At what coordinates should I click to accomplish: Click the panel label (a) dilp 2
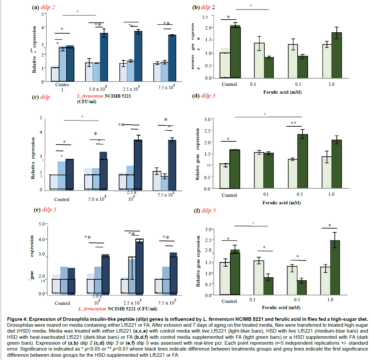click(x=43, y=7)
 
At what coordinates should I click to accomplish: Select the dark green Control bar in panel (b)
click(x=235, y=52)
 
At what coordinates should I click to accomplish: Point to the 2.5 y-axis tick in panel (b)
click(x=205, y=17)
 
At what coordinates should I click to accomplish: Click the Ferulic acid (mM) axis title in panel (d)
click(x=282, y=203)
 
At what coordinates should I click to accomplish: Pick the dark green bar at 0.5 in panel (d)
click(x=302, y=161)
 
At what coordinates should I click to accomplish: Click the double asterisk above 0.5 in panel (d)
click(x=293, y=123)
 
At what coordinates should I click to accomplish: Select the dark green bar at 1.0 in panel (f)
click(x=335, y=268)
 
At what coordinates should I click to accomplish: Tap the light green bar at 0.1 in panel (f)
click(x=259, y=278)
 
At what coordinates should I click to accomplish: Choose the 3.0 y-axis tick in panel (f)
click(x=208, y=229)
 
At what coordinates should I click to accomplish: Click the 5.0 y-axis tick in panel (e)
click(x=42, y=224)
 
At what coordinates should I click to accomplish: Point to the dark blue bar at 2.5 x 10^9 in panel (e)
click(x=140, y=266)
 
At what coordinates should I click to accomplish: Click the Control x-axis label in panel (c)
click(x=62, y=199)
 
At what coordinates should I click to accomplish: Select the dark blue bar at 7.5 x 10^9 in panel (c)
click(x=172, y=165)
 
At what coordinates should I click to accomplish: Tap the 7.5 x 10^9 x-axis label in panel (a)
click(x=166, y=87)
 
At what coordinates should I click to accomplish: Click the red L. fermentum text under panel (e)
click(x=92, y=309)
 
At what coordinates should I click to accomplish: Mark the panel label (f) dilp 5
click(x=205, y=211)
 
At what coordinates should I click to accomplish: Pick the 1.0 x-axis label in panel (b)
click(x=331, y=84)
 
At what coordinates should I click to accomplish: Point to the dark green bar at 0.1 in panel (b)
click(x=269, y=68)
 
